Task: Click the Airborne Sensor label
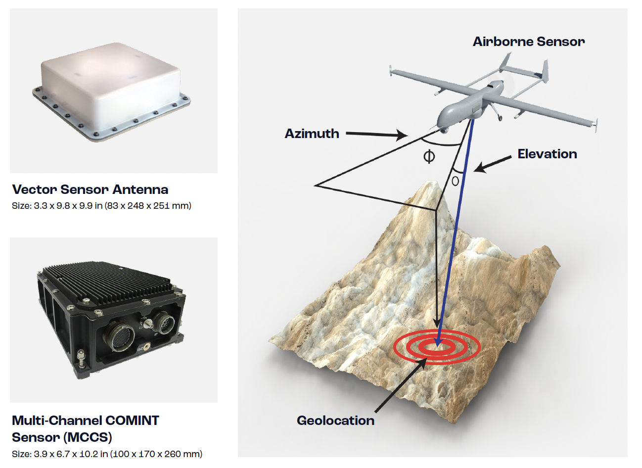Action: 529,42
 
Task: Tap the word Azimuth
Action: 312,134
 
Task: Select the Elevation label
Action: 547,154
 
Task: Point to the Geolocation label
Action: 336,421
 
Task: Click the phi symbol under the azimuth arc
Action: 429,156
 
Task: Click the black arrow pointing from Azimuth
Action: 376,134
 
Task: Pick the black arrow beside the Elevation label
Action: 493,164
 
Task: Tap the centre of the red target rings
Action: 437,347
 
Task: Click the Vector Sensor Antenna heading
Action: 90,189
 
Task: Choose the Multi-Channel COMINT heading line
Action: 86,421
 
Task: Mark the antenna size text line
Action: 101,206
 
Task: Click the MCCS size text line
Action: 107,454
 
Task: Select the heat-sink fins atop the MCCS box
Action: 109,281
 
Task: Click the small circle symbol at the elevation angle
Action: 455,181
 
